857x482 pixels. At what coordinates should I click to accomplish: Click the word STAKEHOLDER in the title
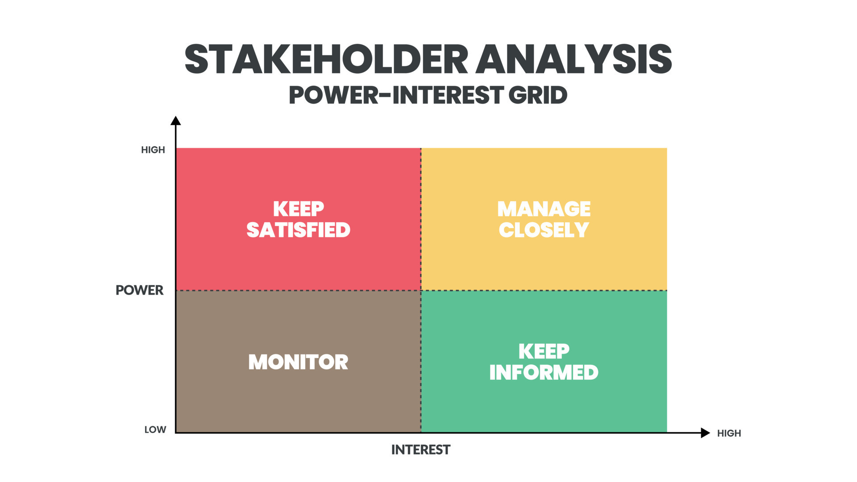coord(326,59)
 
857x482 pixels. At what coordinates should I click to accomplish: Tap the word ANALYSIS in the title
coord(574,59)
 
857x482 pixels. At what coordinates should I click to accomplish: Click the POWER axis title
coord(140,290)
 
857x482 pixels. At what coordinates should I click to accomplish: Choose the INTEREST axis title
coord(421,450)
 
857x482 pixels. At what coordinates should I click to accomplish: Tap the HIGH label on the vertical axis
coord(153,150)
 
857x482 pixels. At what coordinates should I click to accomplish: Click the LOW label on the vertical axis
coord(155,430)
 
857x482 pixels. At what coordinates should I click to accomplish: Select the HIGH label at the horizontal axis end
coord(729,433)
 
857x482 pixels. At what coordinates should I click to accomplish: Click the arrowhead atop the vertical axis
coord(176,120)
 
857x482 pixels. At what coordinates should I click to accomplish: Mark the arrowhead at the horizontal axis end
coord(705,433)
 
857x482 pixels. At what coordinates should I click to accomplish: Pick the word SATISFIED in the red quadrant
coord(299,230)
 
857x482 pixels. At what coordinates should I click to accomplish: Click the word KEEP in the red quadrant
coord(299,209)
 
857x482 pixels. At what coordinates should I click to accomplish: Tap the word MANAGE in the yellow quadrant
coord(544,209)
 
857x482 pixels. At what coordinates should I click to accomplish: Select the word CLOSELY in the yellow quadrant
coord(544,230)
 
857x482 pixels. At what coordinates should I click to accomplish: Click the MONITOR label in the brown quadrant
coord(298,362)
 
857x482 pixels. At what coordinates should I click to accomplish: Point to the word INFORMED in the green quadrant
coord(544,373)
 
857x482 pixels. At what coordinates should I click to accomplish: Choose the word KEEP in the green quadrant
coord(544,352)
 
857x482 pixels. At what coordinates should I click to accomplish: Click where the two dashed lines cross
coord(421,291)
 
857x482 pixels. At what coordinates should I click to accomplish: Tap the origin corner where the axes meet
coord(176,432)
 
